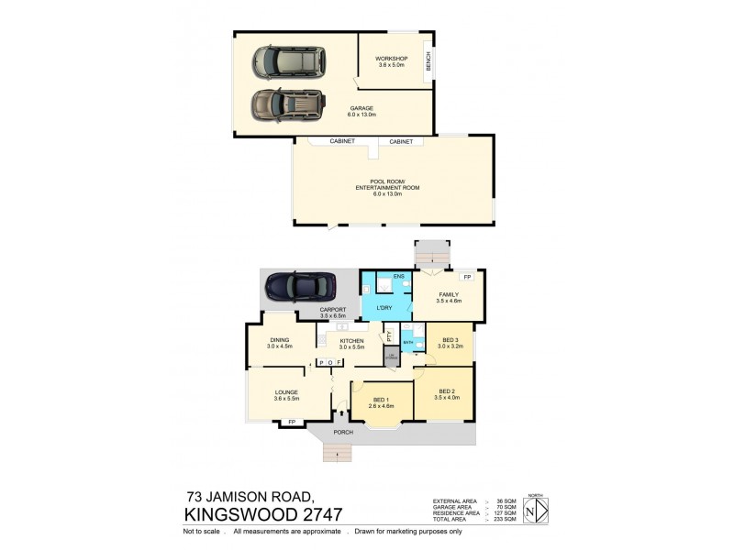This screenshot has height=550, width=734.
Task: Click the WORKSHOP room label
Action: click(x=392, y=59)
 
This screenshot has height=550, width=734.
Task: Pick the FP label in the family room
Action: click(x=467, y=276)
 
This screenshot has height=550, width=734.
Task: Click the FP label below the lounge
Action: click(x=292, y=422)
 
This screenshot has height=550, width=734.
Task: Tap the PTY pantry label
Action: click(x=390, y=335)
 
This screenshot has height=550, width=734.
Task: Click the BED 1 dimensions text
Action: click(x=382, y=406)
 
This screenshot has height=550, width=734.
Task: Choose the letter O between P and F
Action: click(x=329, y=363)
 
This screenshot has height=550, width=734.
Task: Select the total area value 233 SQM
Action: click(x=502, y=520)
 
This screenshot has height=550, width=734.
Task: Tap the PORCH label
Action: click(x=343, y=431)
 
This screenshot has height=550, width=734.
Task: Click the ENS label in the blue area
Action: click(x=398, y=276)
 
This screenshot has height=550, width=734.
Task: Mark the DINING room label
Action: click(x=279, y=339)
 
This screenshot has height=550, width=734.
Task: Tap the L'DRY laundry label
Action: click(x=384, y=307)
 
